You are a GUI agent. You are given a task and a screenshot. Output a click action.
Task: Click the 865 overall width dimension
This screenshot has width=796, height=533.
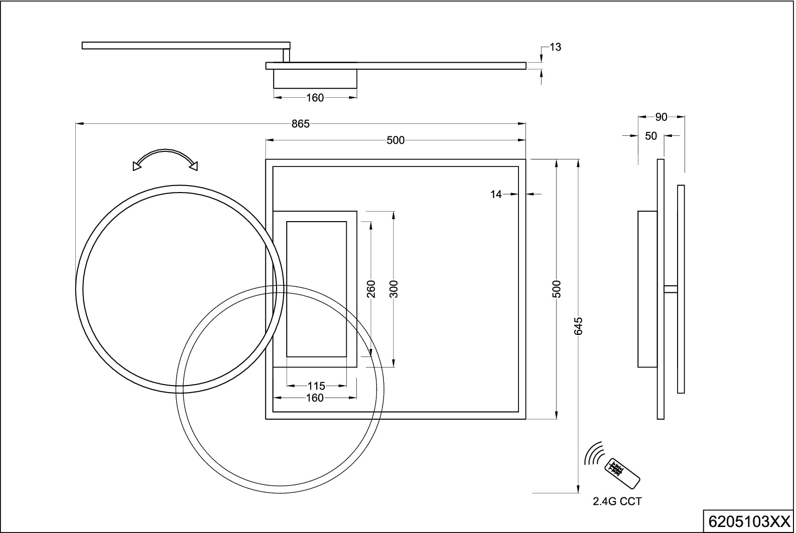click(301, 124)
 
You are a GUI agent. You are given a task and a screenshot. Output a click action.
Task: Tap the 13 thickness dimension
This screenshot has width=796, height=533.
click(555, 47)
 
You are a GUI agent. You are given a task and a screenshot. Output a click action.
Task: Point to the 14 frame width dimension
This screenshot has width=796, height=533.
click(496, 195)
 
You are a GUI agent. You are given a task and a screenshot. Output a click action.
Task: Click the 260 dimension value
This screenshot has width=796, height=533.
click(371, 289)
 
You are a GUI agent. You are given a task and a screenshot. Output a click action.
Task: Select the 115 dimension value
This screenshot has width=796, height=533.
click(316, 386)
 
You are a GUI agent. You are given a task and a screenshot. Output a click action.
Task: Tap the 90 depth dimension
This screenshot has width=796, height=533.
click(661, 117)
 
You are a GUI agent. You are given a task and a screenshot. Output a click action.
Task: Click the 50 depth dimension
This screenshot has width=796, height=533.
click(650, 136)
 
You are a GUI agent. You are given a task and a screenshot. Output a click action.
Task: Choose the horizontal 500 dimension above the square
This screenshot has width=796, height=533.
click(395, 140)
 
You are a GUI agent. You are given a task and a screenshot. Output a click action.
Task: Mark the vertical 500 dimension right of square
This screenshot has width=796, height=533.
click(556, 289)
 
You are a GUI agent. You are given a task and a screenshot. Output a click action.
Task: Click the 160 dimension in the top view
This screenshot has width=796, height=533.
click(315, 98)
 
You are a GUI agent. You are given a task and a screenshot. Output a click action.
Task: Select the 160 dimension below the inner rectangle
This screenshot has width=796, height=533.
click(315, 398)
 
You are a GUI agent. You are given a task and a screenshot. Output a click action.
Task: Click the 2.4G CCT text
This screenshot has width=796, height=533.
click(617, 501)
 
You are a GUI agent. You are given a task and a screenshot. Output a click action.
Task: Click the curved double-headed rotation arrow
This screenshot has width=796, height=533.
click(165, 158)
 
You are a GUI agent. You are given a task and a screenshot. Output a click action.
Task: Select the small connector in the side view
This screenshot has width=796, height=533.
click(671, 289)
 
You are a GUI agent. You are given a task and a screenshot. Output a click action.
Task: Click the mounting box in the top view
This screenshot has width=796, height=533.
click(315, 79)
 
